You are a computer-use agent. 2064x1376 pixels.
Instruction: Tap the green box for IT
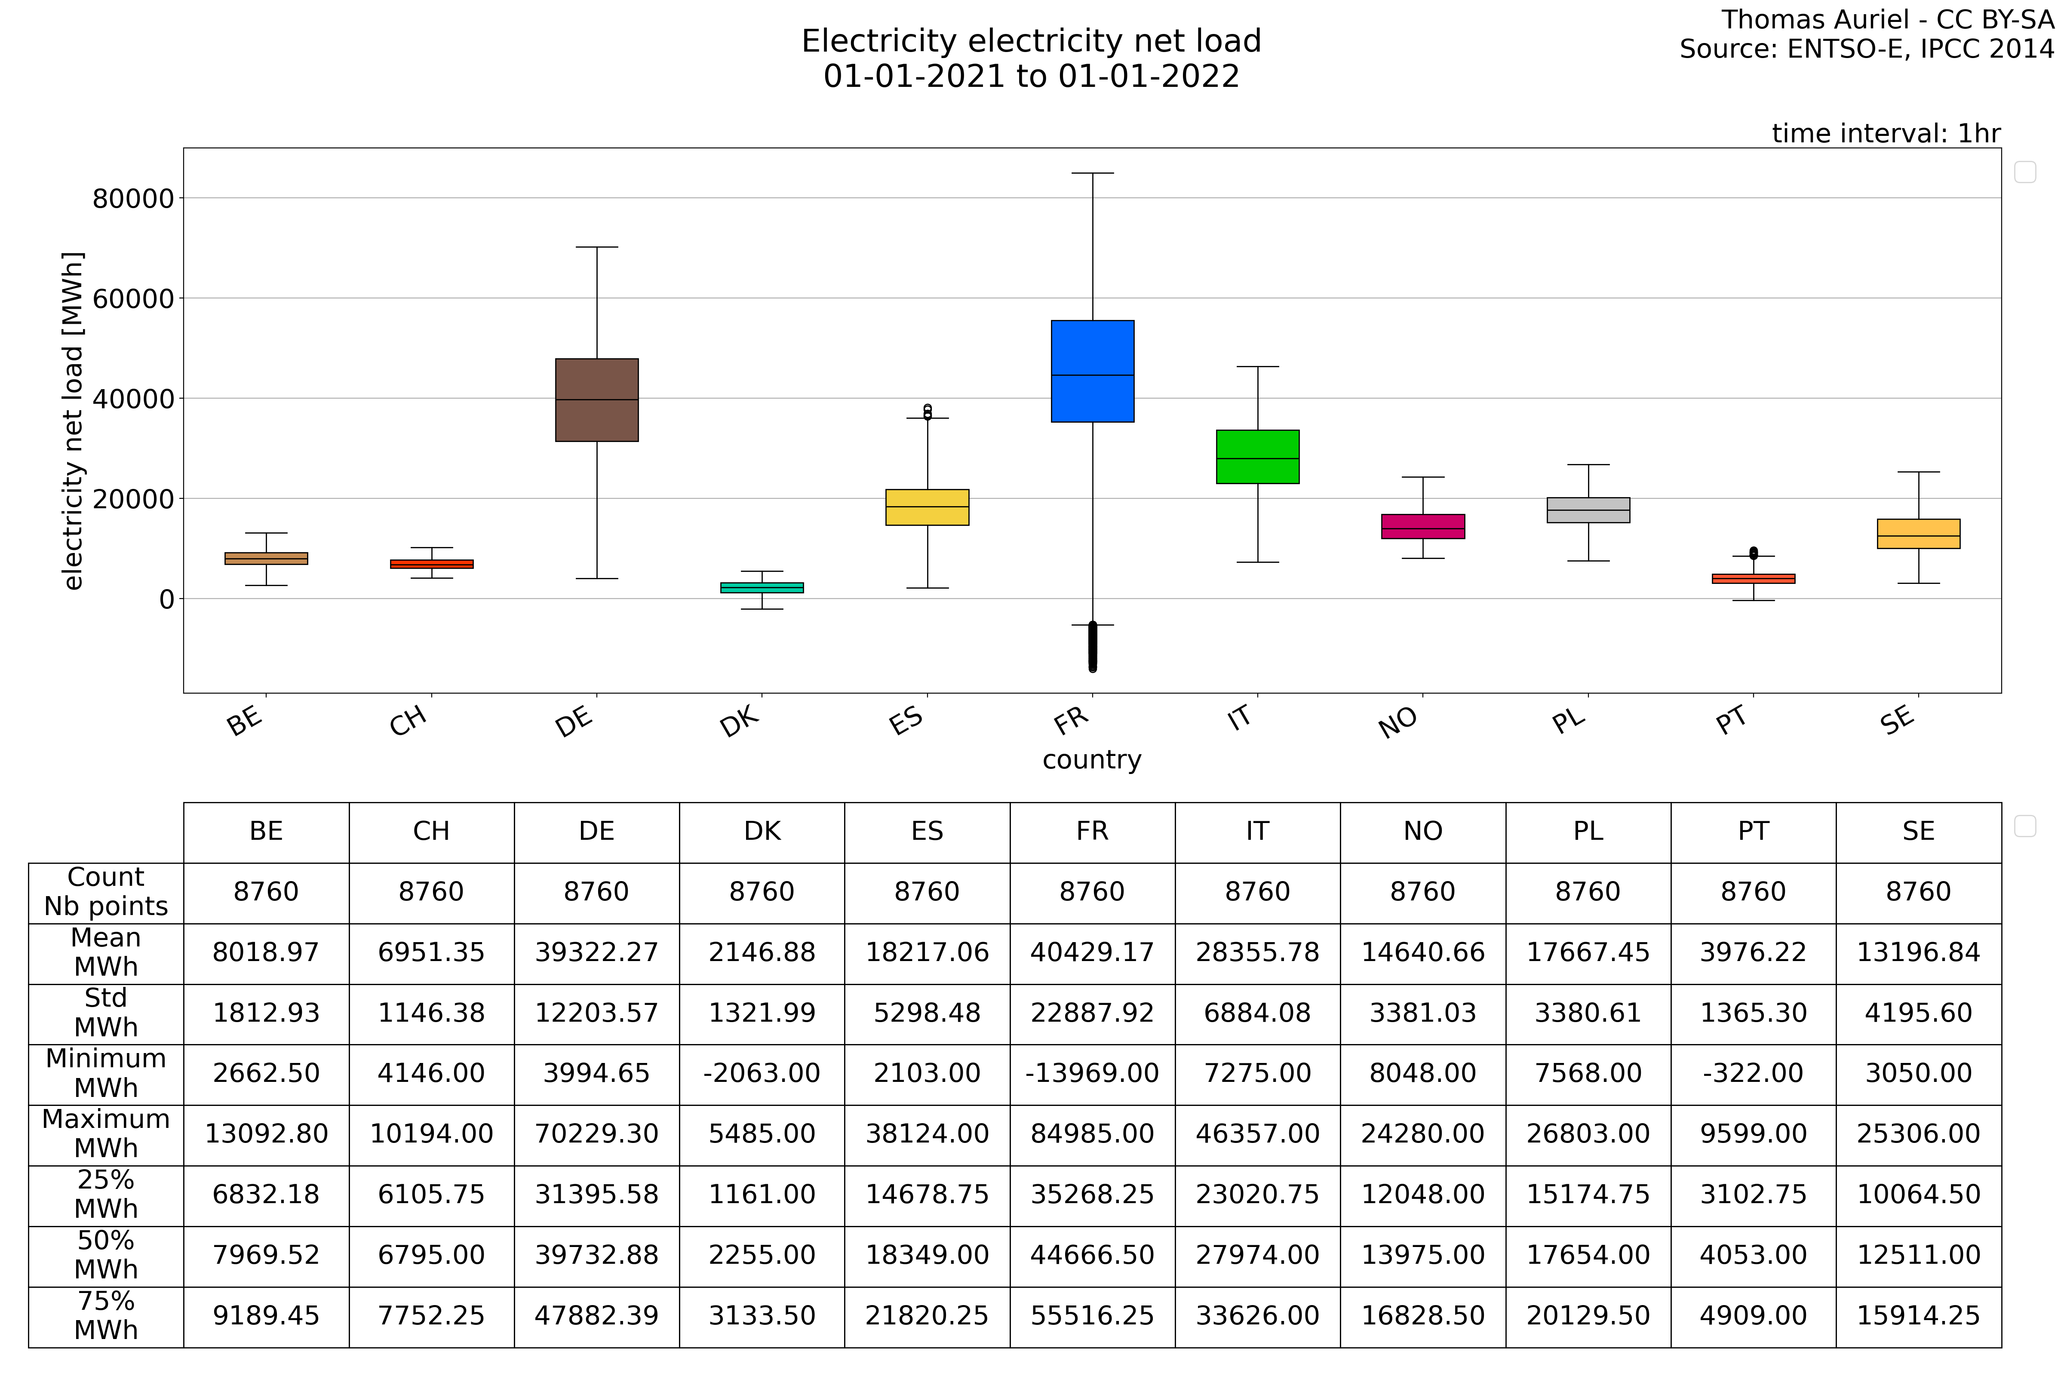1257,456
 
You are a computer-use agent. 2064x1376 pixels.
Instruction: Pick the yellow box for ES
927,507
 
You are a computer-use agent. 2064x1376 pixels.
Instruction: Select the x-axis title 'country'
1092,760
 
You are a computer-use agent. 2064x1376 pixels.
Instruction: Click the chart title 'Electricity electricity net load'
1031,41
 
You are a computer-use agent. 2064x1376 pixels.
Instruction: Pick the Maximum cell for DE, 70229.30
597,1134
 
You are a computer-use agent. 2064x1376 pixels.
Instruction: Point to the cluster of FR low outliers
1093,648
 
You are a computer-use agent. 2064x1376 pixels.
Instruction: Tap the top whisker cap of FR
1093,173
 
